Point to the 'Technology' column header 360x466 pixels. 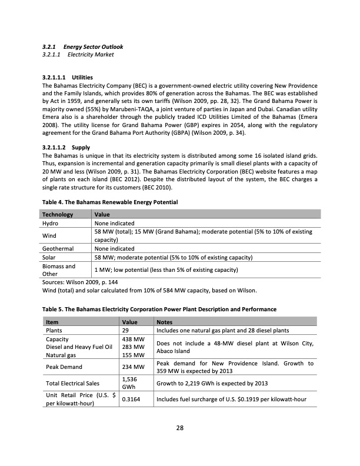pyautogui.click(x=58, y=215)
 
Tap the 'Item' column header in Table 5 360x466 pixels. pyautogui.click(x=52, y=322)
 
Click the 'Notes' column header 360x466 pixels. pyautogui.click(x=166, y=322)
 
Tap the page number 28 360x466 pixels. pyautogui.click(x=180, y=428)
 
